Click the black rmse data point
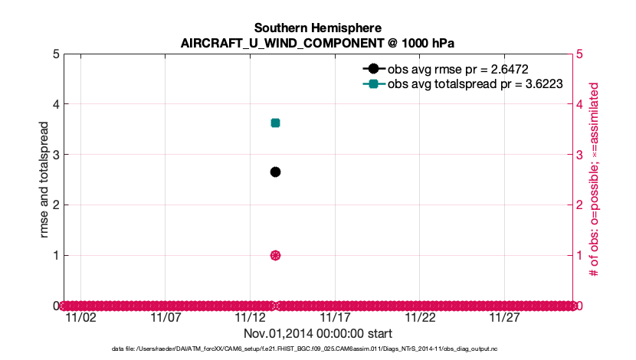click(275, 172)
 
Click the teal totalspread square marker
click(275, 123)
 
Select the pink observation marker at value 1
click(275, 255)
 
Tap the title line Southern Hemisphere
click(318, 28)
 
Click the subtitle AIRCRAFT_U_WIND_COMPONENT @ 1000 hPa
click(318, 43)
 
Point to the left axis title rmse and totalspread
click(46, 179)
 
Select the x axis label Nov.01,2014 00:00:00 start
click(318, 334)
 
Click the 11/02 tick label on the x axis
click(81, 317)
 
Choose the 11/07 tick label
click(166, 317)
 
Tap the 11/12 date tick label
click(250, 317)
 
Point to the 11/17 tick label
click(335, 317)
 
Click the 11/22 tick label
click(420, 317)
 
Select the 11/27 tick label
click(504, 317)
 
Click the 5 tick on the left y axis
click(56, 54)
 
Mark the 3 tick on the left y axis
click(56, 155)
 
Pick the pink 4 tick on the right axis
click(580, 104)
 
